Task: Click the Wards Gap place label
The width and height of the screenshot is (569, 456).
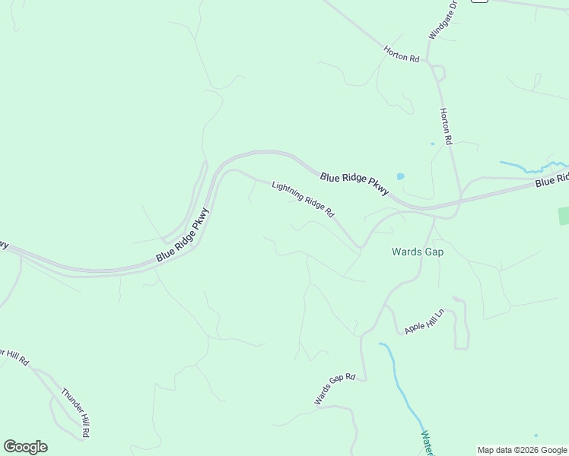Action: (x=417, y=252)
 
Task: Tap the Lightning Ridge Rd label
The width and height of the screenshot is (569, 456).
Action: (x=303, y=199)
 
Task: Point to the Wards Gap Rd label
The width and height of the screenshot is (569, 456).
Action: (x=335, y=388)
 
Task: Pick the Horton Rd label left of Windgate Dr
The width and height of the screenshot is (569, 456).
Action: (x=402, y=54)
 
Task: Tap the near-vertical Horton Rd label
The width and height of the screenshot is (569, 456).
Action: (x=446, y=126)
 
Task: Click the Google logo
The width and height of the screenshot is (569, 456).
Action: (x=25, y=447)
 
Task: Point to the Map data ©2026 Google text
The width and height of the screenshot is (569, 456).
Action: (x=521, y=450)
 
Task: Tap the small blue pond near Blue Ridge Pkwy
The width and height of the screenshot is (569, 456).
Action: (x=400, y=176)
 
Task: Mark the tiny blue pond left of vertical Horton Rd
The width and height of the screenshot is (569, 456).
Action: (x=432, y=143)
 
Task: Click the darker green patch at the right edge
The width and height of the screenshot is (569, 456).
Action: (x=564, y=216)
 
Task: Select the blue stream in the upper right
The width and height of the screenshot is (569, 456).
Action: (x=532, y=166)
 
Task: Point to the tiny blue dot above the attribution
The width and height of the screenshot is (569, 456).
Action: (x=536, y=435)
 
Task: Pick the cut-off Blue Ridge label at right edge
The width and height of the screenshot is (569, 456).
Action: (x=552, y=180)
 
